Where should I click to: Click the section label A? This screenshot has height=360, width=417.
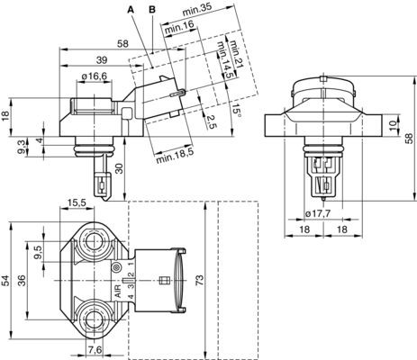point(131,9)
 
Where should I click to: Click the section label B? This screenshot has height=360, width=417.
point(152,9)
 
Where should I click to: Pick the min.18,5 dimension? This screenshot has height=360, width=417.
point(173,159)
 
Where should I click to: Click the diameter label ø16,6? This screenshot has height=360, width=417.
point(95,77)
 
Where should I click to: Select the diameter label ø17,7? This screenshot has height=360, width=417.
point(320,213)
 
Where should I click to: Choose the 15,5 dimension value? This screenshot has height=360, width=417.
point(78,204)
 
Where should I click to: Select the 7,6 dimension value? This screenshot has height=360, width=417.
point(95,349)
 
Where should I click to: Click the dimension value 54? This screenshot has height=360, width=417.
point(8,280)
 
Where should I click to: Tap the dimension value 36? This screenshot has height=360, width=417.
point(24,280)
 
